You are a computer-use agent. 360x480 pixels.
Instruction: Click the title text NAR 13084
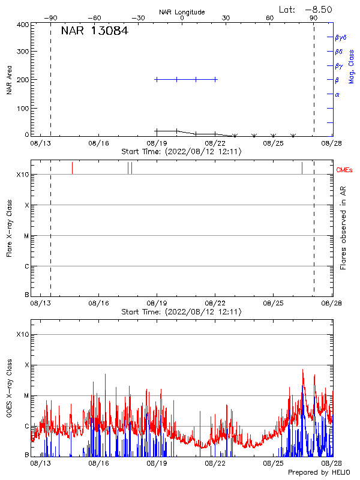click(x=94, y=31)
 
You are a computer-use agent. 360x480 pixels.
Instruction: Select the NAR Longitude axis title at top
click(x=182, y=12)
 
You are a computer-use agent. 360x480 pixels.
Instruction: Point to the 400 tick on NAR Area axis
click(x=23, y=25)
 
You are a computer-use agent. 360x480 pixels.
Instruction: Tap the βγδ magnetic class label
click(x=341, y=37)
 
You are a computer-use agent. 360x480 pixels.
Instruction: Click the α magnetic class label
click(x=337, y=94)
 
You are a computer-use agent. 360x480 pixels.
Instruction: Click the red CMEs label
click(x=345, y=171)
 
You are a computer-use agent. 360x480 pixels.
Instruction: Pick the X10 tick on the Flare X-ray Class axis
click(x=23, y=175)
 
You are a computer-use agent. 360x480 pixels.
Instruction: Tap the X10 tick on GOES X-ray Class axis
click(x=23, y=334)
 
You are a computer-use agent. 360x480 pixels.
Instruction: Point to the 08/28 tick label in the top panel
click(x=331, y=143)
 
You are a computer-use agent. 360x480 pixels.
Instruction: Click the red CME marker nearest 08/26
click(x=302, y=167)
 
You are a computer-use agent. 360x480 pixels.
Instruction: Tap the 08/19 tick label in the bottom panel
click(x=157, y=464)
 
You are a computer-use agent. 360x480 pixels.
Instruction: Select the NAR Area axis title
click(x=10, y=80)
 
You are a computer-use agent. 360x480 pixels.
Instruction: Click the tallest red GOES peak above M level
click(x=303, y=371)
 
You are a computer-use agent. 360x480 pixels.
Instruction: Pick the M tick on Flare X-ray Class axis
click(x=26, y=236)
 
